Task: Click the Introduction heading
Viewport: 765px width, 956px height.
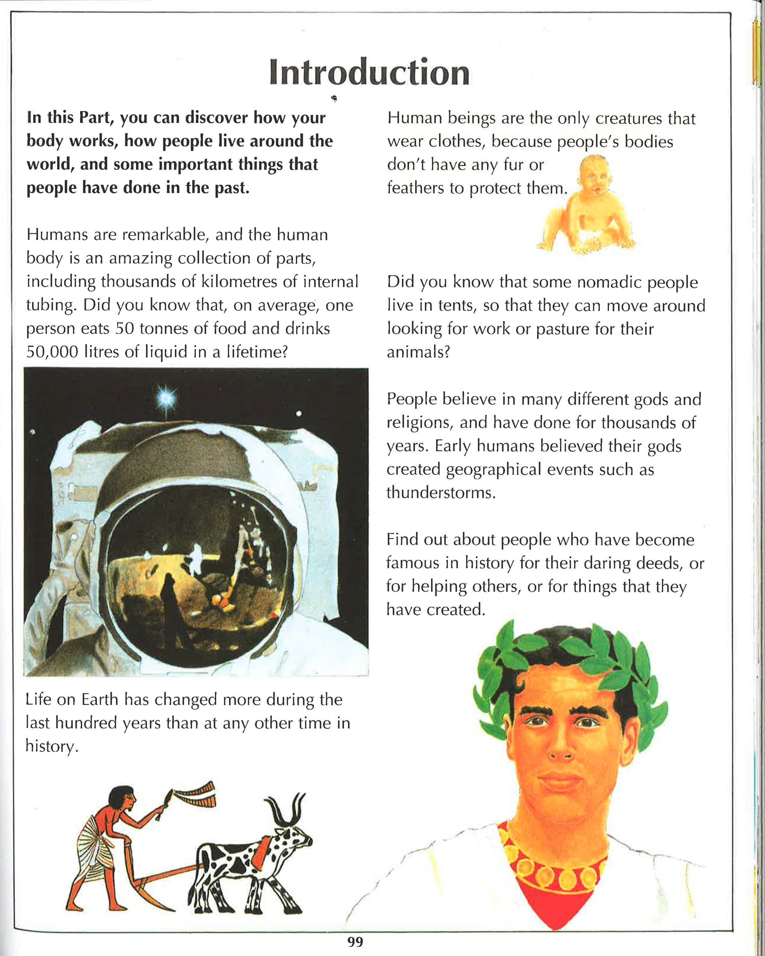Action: (x=369, y=72)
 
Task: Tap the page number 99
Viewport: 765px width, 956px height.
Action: (x=355, y=942)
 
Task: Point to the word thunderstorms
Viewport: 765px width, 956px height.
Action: (x=440, y=493)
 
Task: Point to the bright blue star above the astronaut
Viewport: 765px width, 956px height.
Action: (x=166, y=397)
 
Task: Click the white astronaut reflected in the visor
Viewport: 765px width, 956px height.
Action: (x=195, y=557)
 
